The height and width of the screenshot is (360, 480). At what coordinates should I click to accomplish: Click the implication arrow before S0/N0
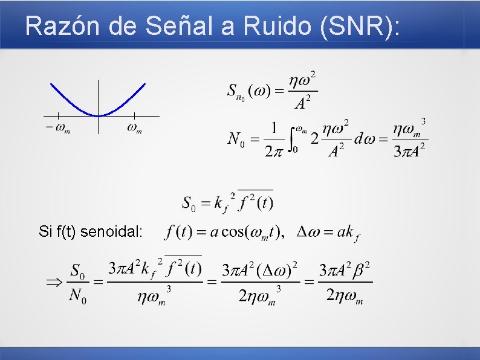click(54, 281)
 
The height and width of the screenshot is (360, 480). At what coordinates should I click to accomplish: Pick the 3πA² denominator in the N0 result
click(410, 150)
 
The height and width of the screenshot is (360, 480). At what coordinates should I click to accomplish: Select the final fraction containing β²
click(345, 281)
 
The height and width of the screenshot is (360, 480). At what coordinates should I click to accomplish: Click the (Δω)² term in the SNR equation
click(276, 269)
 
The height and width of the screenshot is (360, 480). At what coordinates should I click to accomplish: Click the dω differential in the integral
click(365, 140)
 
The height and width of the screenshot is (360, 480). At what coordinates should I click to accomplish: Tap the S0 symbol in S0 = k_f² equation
click(189, 203)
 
